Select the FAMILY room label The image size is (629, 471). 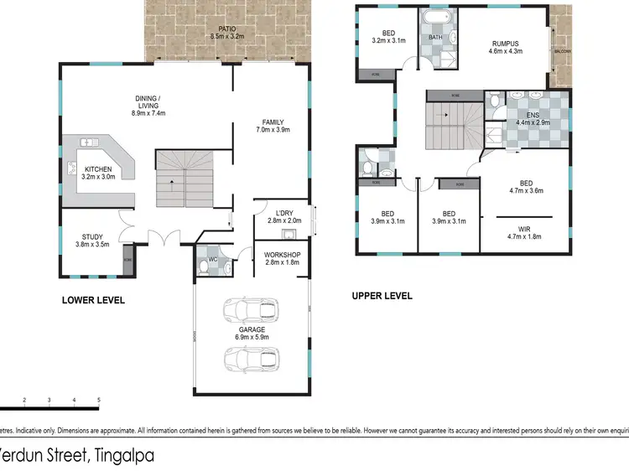pyautogui.click(x=273, y=122)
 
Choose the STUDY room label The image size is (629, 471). pyautogui.click(x=93, y=237)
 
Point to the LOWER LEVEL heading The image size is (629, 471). pyautogui.click(x=92, y=300)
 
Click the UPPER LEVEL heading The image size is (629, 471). pyautogui.click(x=382, y=295)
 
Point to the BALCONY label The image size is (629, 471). pyautogui.click(x=563, y=51)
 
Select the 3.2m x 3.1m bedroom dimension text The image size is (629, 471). pyautogui.click(x=387, y=40)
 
